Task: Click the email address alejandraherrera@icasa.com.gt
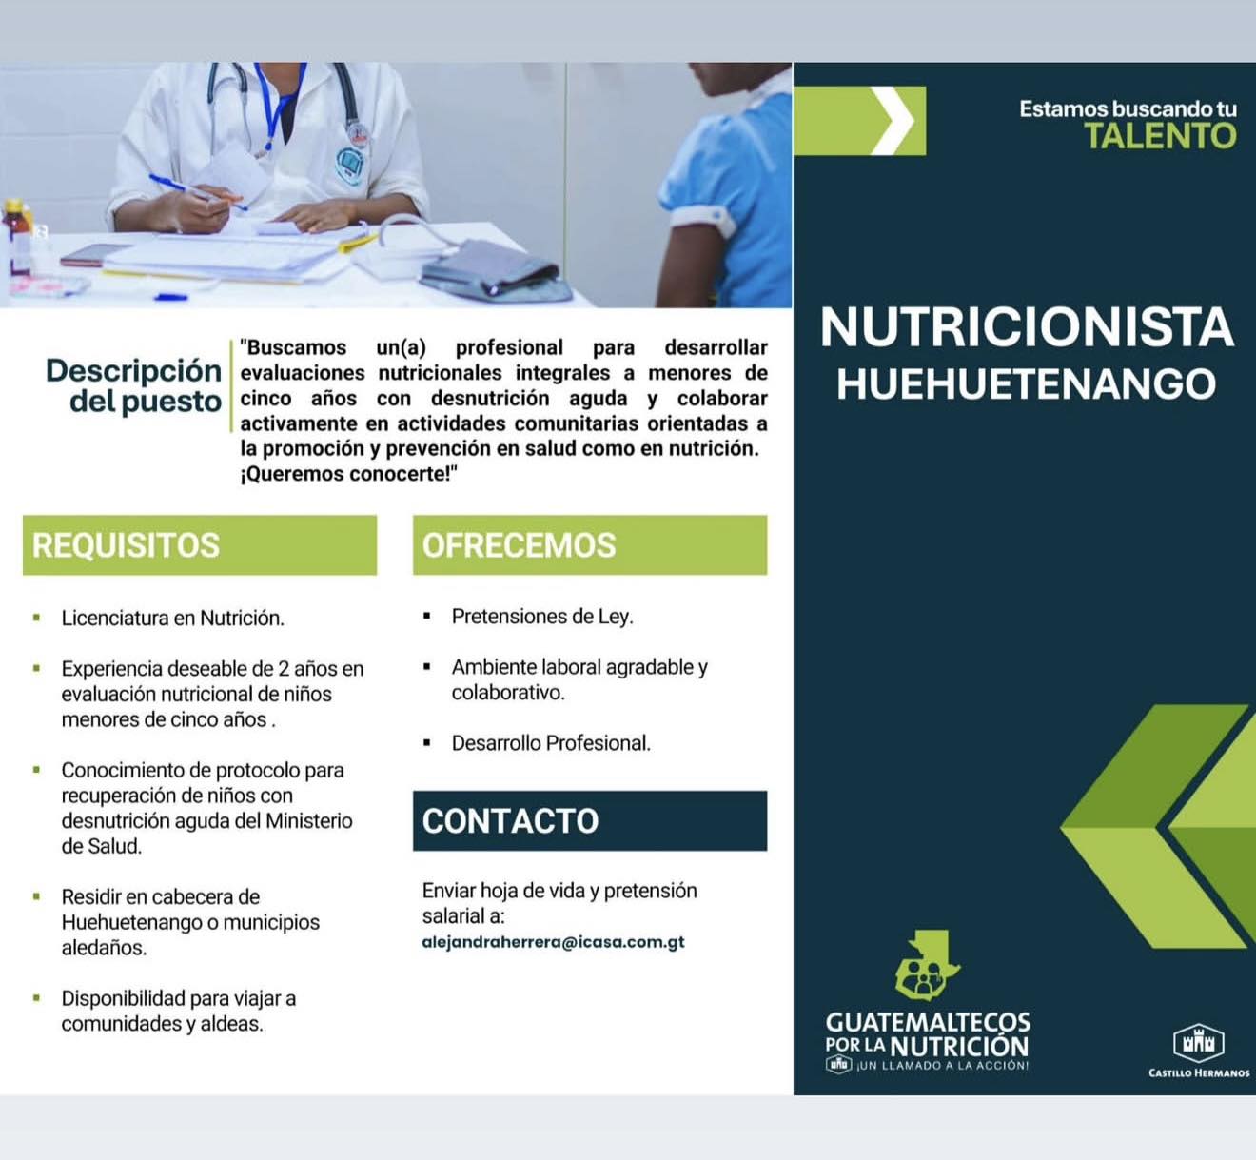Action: [553, 942]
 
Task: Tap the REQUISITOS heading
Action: [126, 545]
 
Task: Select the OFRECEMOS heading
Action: [519, 545]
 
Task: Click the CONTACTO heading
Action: [510, 821]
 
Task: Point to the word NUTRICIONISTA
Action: [1026, 327]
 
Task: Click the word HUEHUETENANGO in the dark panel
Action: [1026, 383]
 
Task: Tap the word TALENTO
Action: [1160, 136]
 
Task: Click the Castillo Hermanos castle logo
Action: [1198, 1042]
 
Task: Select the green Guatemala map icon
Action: [925, 965]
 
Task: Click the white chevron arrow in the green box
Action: [893, 121]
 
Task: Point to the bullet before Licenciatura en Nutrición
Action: [37, 619]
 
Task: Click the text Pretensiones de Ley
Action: [542, 617]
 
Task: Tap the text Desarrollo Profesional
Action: [551, 743]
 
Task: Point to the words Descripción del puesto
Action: [134, 385]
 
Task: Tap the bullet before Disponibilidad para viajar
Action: [37, 998]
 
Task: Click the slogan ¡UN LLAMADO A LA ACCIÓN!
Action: [942, 1066]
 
